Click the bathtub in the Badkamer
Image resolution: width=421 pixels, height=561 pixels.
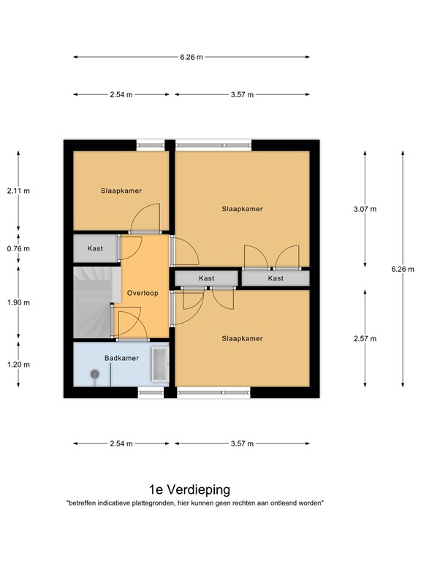click(x=159, y=365)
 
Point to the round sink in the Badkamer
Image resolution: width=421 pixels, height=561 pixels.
click(x=94, y=374)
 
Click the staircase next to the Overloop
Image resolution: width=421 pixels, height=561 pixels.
click(x=91, y=301)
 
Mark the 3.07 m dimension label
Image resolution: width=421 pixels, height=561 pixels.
click(x=365, y=209)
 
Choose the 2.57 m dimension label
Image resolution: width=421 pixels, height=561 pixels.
click(x=365, y=338)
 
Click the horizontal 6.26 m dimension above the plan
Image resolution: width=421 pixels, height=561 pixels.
click(x=191, y=57)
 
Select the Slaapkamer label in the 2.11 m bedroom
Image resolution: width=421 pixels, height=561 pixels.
click(x=121, y=191)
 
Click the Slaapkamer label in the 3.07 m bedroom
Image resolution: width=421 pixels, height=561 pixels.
click(x=242, y=209)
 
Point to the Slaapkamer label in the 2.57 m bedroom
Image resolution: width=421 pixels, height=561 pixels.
click(x=242, y=338)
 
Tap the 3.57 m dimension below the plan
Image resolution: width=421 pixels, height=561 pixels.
click(x=241, y=443)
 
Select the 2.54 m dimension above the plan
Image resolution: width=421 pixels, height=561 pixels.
click(x=121, y=95)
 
